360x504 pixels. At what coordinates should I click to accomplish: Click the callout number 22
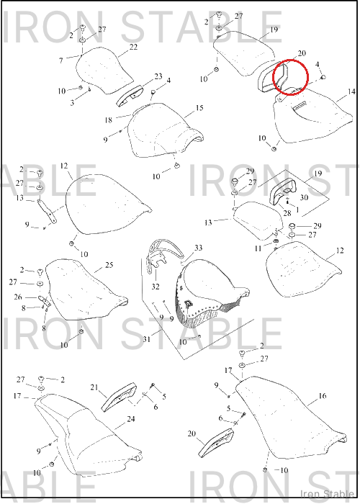(133, 47)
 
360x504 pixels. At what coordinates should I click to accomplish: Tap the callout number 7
(61, 60)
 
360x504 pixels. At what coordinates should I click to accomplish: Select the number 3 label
(72, 103)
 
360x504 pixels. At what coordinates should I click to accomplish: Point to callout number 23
(158, 76)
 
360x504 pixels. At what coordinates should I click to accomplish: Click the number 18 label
(108, 120)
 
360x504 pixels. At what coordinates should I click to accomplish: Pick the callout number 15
(199, 108)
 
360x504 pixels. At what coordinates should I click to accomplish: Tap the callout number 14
(351, 92)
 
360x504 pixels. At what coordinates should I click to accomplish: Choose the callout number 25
(109, 265)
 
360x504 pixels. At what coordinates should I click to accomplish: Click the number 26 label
(18, 297)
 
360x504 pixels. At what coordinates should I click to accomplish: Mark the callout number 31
(147, 339)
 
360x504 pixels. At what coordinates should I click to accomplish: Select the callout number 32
(156, 286)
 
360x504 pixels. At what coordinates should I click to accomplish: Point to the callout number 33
(198, 248)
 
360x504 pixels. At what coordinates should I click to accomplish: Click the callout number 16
(322, 396)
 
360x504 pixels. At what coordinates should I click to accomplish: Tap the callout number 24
(131, 419)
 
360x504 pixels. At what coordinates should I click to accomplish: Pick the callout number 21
(94, 387)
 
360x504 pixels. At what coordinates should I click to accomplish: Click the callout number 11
(258, 248)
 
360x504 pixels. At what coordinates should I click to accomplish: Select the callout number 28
(287, 213)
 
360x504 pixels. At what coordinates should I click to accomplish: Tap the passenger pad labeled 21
(119, 397)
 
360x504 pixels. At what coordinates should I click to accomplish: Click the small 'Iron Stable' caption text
(327, 494)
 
